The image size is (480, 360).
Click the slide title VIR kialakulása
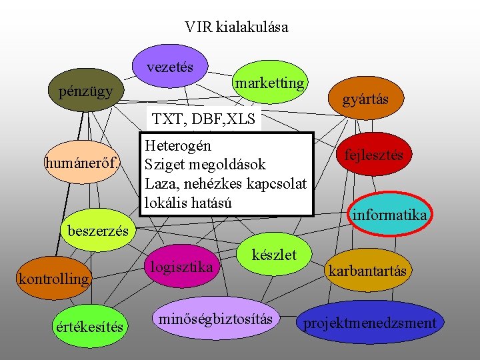(x=237, y=27)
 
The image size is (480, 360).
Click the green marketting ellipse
(x=270, y=83)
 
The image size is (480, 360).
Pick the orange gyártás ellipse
(x=365, y=99)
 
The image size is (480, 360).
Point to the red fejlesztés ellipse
(x=373, y=155)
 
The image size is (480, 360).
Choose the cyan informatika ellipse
(x=390, y=215)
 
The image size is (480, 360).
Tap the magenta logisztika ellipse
(x=181, y=267)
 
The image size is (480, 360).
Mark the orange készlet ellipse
(x=273, y=254)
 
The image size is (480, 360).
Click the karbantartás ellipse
(x=367, y=271)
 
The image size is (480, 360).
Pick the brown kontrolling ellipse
(x=53, y=278)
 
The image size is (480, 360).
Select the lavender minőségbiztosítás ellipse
(x=215, y=319)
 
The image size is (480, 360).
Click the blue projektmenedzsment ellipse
(x=369, y=323)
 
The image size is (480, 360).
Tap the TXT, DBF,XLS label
(x=204, y=120)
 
